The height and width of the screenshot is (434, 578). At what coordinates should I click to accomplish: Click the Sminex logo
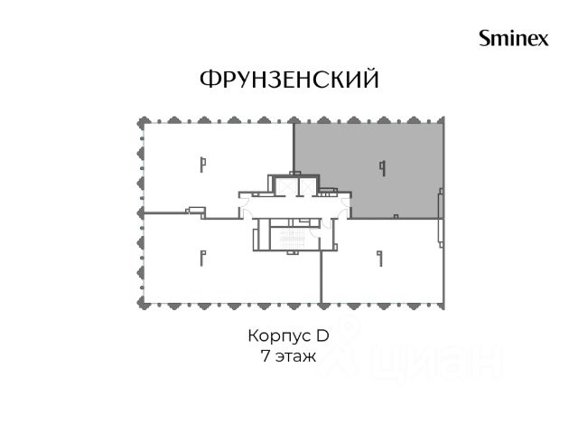coord(514,38)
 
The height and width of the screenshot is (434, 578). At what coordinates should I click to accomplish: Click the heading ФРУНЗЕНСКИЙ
coord(289,79)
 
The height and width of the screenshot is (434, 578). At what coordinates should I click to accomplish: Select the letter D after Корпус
coord(322,335)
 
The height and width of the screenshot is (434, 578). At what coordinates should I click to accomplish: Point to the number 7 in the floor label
coord(265,355)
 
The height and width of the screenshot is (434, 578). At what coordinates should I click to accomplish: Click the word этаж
coord(295,357)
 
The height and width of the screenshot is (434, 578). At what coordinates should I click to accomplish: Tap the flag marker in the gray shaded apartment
coord(383,168)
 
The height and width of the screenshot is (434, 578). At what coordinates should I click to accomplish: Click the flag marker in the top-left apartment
coord(202,165)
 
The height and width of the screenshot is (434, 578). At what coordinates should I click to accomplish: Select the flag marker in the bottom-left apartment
coord(202,259)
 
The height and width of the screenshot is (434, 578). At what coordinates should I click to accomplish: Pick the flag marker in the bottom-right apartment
coord(380,259)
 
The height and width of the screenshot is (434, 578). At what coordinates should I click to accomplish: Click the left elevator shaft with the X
coord(284,185)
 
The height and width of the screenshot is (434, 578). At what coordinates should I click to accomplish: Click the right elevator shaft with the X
coord(307,185)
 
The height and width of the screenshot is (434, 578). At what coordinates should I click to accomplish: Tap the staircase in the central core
coord(293,239)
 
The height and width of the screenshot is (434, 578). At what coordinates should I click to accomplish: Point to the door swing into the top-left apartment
coord(244,203)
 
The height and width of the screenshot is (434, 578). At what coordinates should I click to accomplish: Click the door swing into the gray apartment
coord(345,203)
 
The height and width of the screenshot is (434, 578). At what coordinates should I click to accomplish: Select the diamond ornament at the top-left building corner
coord(144,123)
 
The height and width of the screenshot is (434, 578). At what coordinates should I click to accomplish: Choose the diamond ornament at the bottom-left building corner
coord(144,304)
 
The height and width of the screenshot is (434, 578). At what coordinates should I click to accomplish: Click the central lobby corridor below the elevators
coord(295,207)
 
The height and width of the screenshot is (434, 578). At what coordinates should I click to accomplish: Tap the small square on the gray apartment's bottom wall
coord(396,216)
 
